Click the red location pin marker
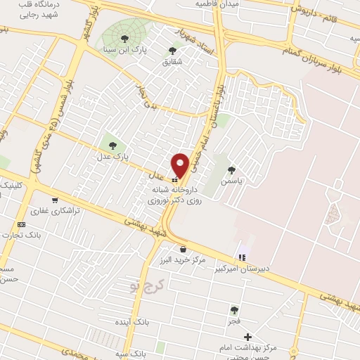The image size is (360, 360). [x=181, y=165]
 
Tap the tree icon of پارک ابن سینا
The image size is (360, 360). [x=125, y=39]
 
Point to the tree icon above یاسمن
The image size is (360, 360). [x=231, y=169]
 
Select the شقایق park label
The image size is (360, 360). [x=172, y=61]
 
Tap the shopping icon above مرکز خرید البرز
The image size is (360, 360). [x=184, y=248]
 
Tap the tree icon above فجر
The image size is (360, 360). [x=233, y=310]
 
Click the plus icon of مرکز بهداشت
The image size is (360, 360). [x=247, y=337]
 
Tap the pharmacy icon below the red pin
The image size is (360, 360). [x=174, y=179]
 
